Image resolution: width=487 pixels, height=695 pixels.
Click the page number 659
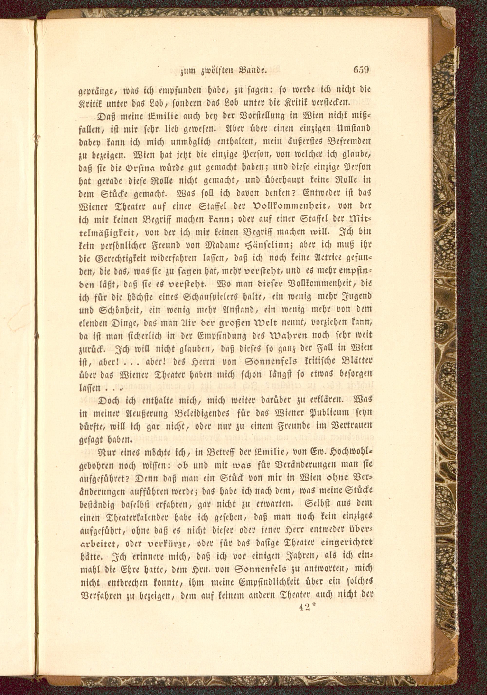tap(361, 71)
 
